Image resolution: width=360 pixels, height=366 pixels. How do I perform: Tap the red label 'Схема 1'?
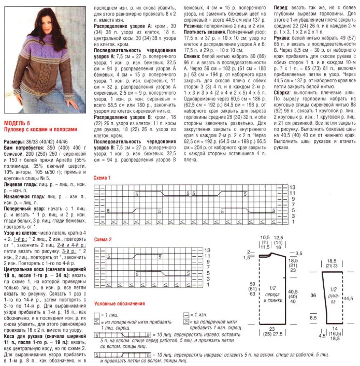coord(103,178)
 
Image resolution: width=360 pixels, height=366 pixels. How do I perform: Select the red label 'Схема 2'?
coord(103,240)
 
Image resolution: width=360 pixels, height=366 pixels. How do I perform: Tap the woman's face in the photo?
coord(38,19)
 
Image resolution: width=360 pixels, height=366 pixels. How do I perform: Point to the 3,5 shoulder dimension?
coord(299,253)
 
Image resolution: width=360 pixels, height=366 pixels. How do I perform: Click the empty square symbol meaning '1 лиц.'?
coord(97,315)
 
